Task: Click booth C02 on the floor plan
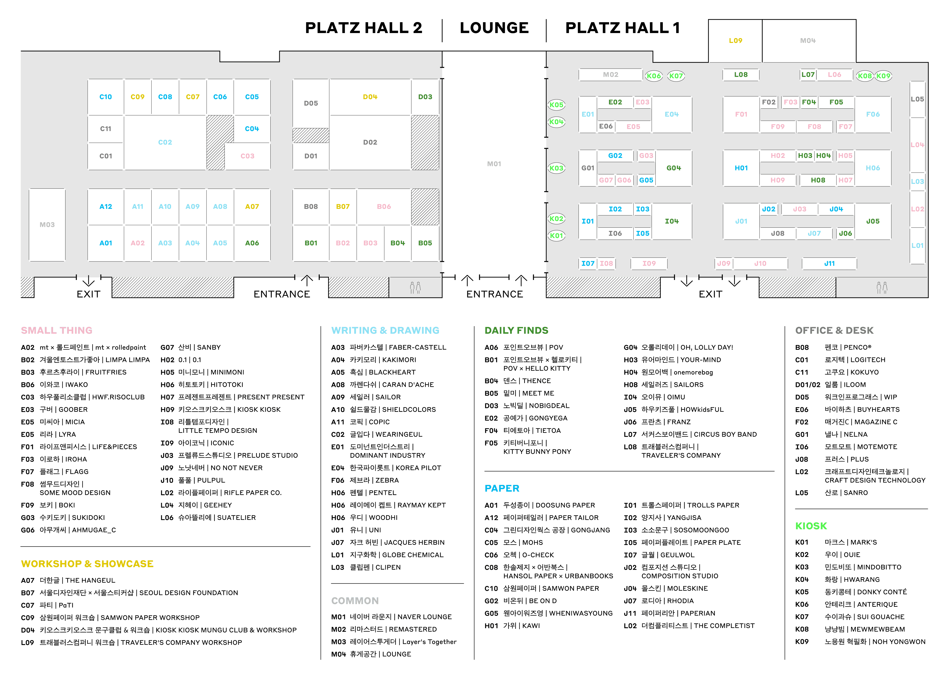click(x=165, y=142)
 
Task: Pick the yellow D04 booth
click(x=370, y=97)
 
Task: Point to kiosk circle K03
click(x=556, y=168)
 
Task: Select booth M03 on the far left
click(x=47, y=225)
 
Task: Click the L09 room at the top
click(x=735, y=40)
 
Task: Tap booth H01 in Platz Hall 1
click(x=741, y=168)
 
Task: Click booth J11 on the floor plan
click(x=829, y=263)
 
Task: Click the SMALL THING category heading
click(x=57, y=330)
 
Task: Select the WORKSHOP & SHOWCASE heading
click(x=87, y=564)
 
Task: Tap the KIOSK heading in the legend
click(x=811, y=526)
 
